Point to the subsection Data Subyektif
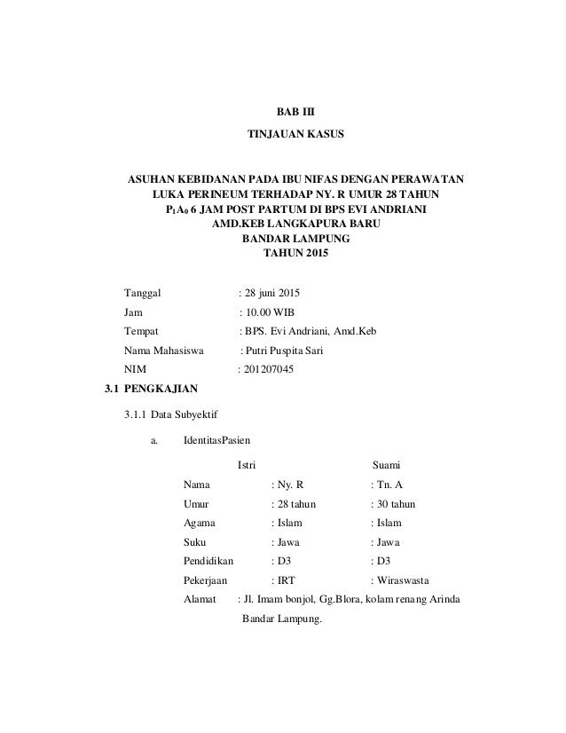point(185,414)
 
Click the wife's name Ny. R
point(289,485)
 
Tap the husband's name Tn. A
point(388,485)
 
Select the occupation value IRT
point(286,581)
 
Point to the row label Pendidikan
point(208,562)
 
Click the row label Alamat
point(200,601)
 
